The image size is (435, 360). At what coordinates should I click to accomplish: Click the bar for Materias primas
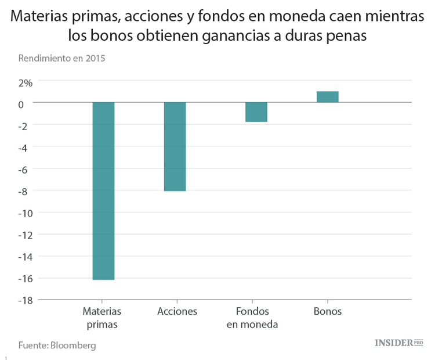[103, 191]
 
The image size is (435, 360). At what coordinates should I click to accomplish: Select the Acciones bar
[175, 146]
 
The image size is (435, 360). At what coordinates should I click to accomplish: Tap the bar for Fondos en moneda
[256, 112]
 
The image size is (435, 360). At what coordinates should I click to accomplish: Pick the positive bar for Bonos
[327, 97]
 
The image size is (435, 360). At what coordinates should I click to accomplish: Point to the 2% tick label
[26, 82]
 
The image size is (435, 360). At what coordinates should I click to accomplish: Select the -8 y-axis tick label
[26, 190]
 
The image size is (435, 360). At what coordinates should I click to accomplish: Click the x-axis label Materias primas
[102, 318]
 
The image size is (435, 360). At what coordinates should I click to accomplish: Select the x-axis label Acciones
[177, 311]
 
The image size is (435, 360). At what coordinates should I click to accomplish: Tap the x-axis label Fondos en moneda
[252, 318]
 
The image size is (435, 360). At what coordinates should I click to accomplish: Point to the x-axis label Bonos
[328, 311]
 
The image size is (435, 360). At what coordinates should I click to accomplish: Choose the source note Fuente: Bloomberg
[57, 345]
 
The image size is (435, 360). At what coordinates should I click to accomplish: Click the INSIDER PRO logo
[399, 343]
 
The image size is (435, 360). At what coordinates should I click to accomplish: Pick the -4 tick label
[26, 147]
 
